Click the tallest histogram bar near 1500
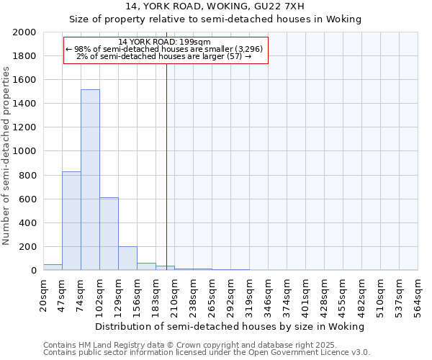click(90, 180)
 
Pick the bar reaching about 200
click(127, 258)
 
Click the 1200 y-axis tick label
click(25, 128)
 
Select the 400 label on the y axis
click(28, 223)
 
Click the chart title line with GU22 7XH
click(215, 7)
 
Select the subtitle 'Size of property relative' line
click(215, 19)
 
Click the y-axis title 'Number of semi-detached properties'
click(7, 156)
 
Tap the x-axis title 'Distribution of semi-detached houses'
click(230, 326)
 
